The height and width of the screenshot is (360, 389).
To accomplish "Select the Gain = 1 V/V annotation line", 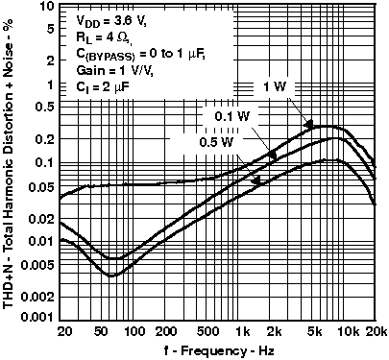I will pyautogui.click(x=109, y=71).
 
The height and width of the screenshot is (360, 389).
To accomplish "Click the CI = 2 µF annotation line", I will pyautogui.click(x=101, y=87).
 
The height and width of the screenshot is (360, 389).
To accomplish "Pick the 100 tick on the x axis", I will pyautogui.click(x=138, y=331).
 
